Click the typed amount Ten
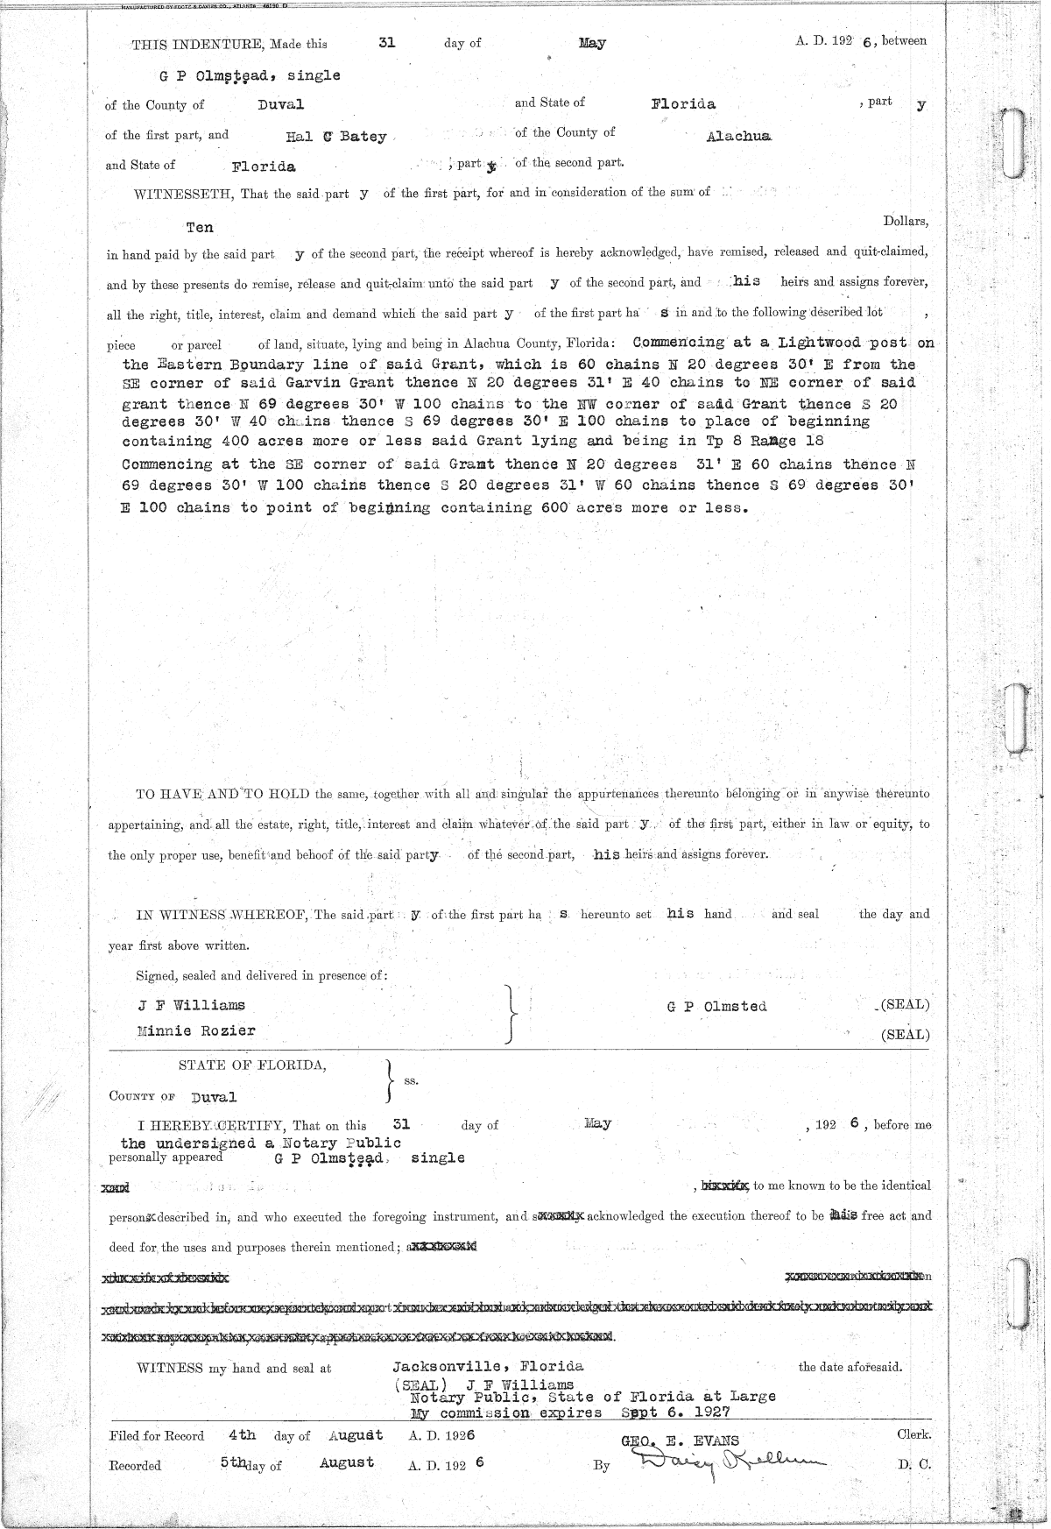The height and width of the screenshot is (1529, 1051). (200, 227)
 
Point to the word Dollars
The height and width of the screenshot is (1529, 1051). (905, 222)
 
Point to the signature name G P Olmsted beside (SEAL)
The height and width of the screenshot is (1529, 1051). (716, 1007)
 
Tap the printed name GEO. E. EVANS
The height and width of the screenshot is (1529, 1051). (680, 1441)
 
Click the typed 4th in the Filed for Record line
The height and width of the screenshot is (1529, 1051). (242, 1435)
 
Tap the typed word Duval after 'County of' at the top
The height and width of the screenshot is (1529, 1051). (280, 105)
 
